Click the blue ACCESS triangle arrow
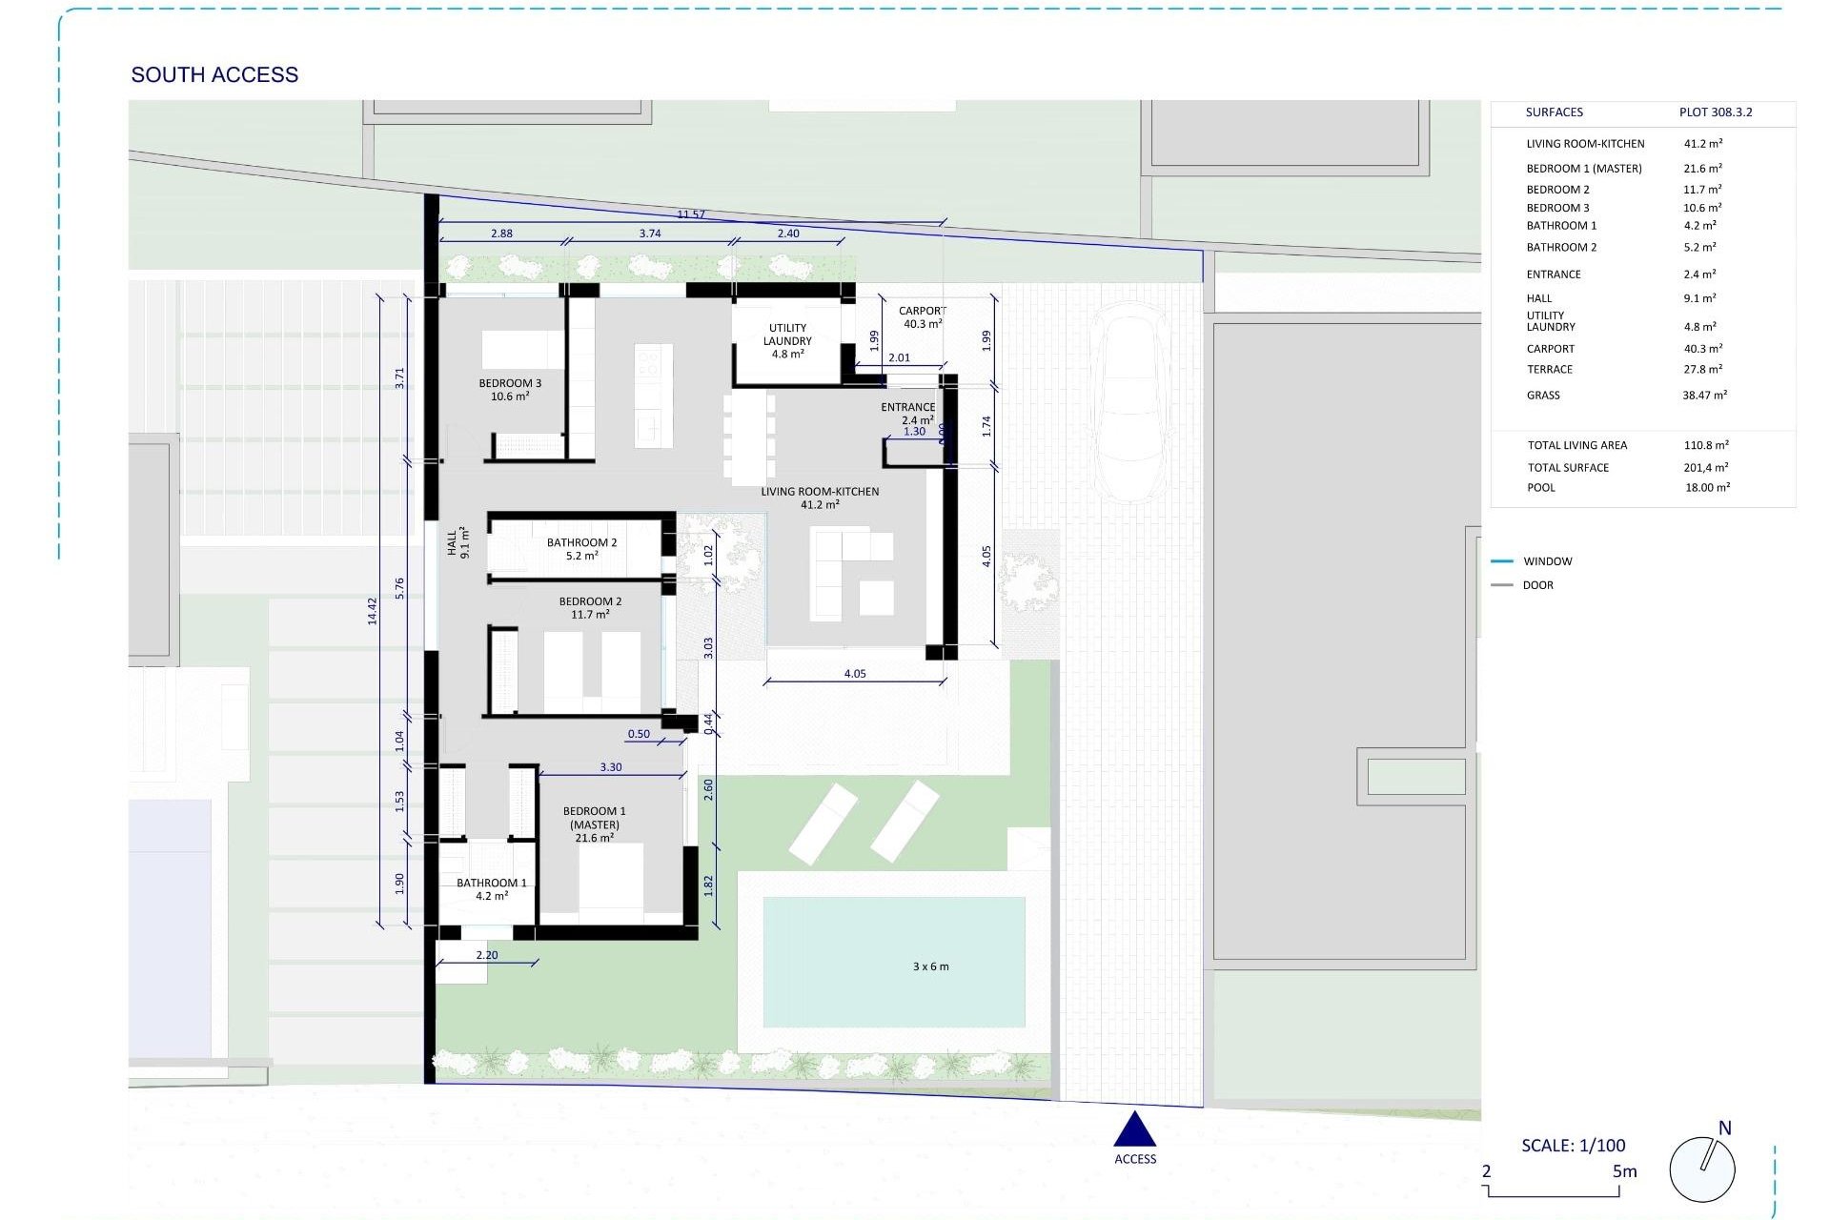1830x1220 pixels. pos(1134,1130)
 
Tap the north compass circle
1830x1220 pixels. pos(1701,1169)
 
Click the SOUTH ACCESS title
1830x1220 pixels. pos(214,74)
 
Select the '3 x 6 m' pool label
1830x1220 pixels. pos(930,966)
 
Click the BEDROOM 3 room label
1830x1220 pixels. pos(510,390)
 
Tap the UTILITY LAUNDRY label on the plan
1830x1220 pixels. pos(787,340)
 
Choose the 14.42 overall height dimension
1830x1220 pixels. pos(373,611)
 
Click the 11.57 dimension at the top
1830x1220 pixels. pos(691,214)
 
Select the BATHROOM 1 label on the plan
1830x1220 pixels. pos(491,888)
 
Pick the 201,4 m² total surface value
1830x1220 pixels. pos(1705,467)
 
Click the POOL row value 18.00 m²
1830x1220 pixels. pos(1707,487)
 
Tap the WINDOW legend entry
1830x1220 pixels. pos(1547,561)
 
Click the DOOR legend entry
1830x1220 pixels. pos(1537,585)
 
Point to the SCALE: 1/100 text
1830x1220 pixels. pos(1573,1146)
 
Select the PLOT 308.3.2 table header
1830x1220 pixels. pos(1715,112)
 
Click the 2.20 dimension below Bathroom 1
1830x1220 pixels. pos(486,955)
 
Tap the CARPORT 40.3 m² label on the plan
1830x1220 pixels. pos(922,317)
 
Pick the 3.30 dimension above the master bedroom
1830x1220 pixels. pos(611,767)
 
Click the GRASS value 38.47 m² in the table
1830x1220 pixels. pos(1704,395)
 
